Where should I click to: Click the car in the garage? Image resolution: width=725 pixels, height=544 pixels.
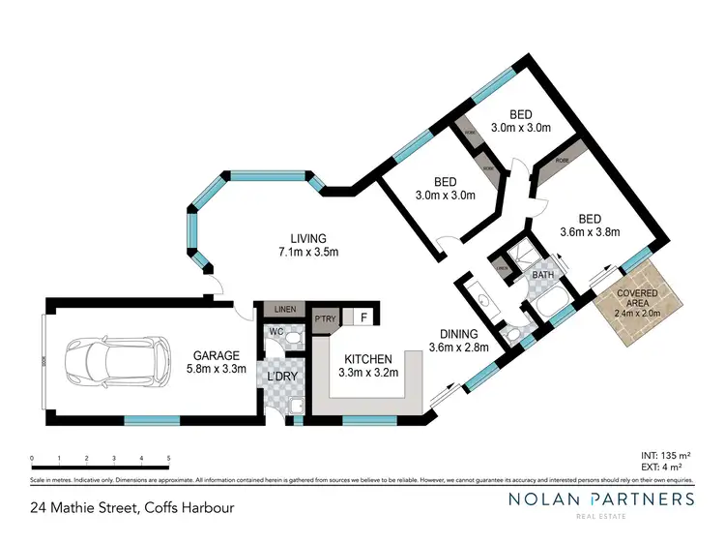[x=101, y=361]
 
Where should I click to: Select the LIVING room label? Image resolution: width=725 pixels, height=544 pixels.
[x=310, y=238]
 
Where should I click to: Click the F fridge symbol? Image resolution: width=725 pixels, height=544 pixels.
[x=363, y=317]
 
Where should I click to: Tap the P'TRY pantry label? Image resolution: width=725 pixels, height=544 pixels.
[x=323, y=317]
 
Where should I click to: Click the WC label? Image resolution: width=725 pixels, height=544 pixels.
[x=275, y=331]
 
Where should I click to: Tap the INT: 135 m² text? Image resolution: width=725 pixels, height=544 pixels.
[x=665, y=452]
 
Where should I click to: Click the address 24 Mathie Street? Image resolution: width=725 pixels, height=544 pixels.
[x=81, y=506]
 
